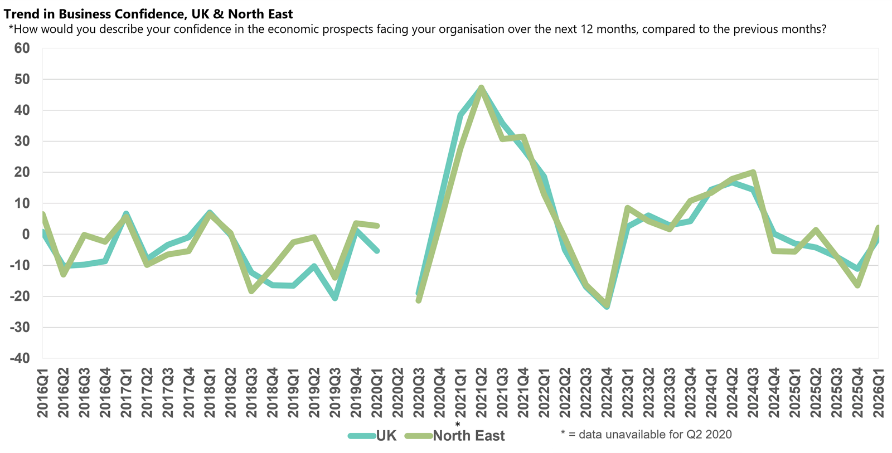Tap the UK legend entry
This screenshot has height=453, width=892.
point(386,436)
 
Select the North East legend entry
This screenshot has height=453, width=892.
point(468,436)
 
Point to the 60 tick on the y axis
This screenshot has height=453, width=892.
point(22,48)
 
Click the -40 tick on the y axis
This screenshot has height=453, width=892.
point(20,358)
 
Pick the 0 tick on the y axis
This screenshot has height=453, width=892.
point(26,235)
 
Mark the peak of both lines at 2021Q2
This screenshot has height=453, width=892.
point(481,87)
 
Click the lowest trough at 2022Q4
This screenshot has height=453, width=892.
point(607,306)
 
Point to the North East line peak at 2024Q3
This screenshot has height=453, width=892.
point(753,172)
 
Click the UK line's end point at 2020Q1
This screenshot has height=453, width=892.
point(377,251)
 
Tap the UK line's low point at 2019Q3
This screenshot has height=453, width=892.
point(335,298)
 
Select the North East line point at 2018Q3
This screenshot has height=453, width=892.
point(251,291)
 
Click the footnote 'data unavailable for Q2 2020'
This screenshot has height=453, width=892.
point(646,435)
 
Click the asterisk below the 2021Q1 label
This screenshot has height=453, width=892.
point(458,425)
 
